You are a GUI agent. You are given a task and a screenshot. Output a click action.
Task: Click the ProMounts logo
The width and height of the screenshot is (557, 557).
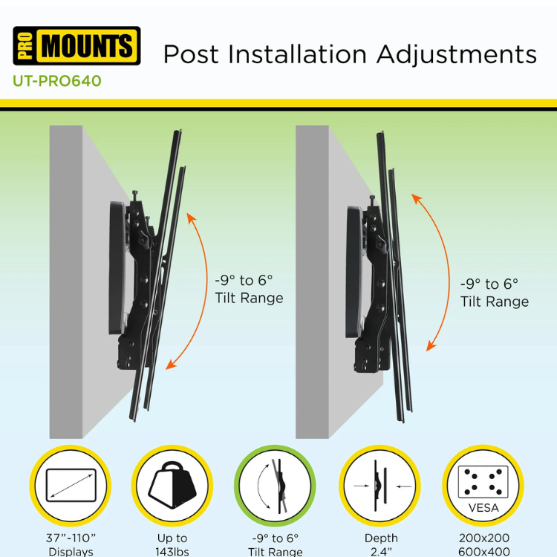click(x=76, y=46)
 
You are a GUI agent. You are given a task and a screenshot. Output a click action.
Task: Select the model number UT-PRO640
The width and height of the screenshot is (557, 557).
click(x=57, y=81)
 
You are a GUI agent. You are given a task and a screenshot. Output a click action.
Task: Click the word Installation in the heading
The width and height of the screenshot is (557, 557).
click(x=297, y=54)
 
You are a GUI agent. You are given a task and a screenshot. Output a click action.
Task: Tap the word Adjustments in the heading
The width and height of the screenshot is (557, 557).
click(x=457, y=55)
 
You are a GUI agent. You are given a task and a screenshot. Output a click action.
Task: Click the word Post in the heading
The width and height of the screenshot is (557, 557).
click(x=191, y=54)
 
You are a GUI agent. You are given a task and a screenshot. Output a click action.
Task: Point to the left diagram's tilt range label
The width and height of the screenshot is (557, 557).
click(x=249, y=289)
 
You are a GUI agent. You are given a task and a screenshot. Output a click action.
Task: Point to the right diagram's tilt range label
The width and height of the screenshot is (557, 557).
click(x=495, y=293)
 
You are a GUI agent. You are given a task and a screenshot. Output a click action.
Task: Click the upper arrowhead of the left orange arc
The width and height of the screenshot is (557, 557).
click(x=191, y=218)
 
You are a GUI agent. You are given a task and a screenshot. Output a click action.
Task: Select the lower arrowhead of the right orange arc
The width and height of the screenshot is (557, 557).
click(x=431, y=346)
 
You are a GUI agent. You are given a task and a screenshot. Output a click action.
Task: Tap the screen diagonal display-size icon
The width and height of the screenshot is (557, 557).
click(x=71, y=485)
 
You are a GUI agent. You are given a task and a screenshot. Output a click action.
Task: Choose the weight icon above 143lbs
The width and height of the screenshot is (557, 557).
click(x=172, y=485)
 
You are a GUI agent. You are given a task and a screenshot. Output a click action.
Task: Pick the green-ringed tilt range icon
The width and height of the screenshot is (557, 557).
click(x=275, y=485)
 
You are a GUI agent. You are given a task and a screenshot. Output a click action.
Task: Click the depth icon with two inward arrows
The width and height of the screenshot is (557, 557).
click(x=380, y=485)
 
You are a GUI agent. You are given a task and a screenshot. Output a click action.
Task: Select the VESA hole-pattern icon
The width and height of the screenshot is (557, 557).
click(x=483, y=485)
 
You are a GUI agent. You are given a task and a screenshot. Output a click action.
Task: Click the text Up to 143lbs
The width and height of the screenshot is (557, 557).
click(x=172, y=545)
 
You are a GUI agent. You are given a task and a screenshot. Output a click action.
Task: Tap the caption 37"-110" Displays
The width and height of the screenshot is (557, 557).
click(x=71, y=545)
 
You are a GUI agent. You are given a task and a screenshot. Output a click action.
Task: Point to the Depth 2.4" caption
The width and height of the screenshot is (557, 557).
click(x=381, y=545)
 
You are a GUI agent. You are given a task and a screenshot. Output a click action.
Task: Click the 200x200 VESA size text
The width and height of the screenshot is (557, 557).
click(x=483, y=538)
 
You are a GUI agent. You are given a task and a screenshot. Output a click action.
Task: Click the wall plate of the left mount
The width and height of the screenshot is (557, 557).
click(x=117, y=268)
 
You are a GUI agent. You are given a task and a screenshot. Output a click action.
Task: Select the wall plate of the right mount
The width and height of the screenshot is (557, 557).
click(x=354, y=272)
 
